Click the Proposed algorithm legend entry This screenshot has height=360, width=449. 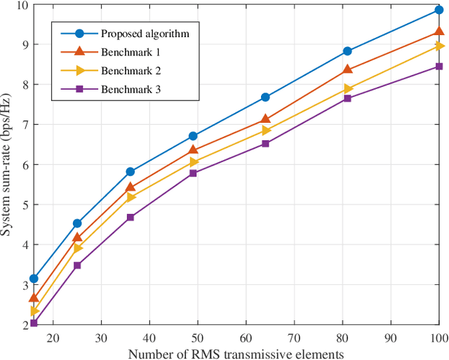point(145,33)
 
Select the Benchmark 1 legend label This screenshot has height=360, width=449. point(130,52)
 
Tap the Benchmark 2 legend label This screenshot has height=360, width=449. point(130,71)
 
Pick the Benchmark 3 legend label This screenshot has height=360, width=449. point(130,89)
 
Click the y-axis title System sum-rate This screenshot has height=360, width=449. point(9,165)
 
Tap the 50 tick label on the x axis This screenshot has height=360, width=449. point(198,338)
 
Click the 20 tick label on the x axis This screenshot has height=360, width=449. point(53,338)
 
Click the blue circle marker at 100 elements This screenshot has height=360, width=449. point(439,10)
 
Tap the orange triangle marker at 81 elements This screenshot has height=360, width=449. point(347,69)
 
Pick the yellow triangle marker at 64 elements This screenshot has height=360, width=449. point(266,130)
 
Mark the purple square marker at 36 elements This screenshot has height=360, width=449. point(130,218)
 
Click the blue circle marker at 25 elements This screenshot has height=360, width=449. point(77,223)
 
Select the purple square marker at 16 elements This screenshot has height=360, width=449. point(34,324)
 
